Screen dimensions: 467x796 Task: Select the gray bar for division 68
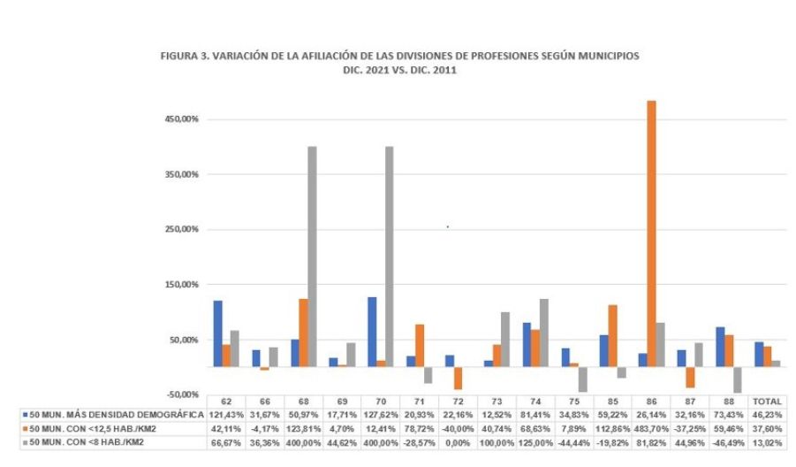pos(311,256)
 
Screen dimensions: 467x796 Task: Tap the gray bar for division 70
pos(389,256)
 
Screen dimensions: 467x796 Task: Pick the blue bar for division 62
pos(217,333)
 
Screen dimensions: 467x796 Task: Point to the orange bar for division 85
pos(613,335)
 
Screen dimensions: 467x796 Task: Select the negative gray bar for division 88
pos(737,379)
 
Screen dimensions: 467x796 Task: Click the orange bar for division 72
pos(459,377)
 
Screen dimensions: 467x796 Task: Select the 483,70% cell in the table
pos(651,425)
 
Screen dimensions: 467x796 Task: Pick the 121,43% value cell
pos(226,413)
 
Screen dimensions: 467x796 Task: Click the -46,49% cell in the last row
pos(729,439)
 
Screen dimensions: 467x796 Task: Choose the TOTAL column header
pos(767,401)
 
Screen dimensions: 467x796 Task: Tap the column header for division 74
pos(534,401)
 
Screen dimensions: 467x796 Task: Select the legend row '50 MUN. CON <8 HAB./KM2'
pos(88,439)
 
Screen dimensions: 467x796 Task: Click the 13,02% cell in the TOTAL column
pos(767,439)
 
